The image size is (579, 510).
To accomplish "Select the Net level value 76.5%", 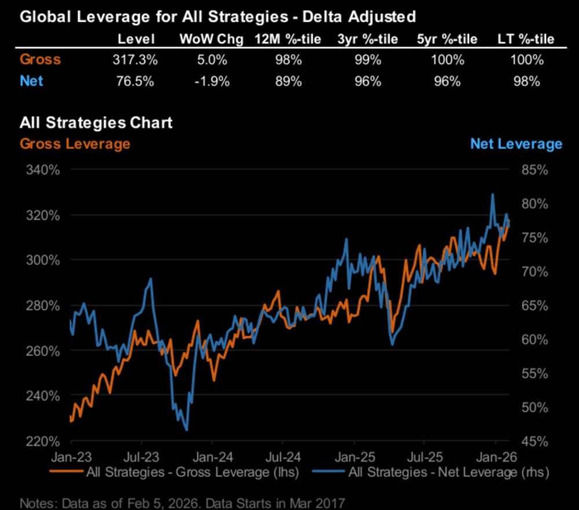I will (136, 81).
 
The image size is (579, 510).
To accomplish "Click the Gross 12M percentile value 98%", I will (288, 59).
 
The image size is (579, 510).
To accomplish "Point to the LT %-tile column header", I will (526, 39).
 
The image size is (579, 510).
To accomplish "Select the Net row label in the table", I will (31, 81).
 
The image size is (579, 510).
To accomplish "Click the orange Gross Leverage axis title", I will (75, 143).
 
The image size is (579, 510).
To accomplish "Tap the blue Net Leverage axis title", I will (516, 143).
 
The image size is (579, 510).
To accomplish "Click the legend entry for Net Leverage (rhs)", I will (449, 472).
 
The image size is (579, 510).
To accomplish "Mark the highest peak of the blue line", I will (493, 194).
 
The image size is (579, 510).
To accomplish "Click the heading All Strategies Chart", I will (96, 122).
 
